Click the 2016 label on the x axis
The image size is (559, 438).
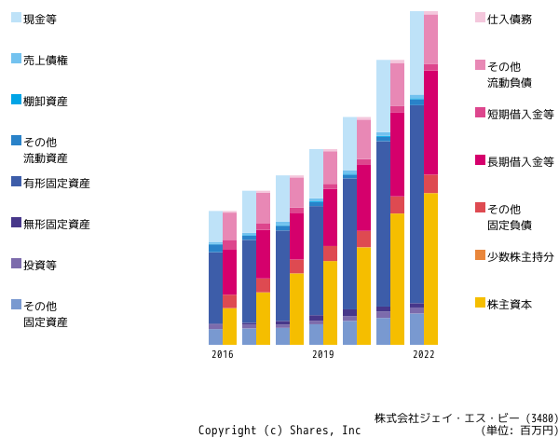click(x=223, y=354)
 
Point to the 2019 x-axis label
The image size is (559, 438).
click(x=323, y=354)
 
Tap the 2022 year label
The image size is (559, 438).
click(x=424, y=354)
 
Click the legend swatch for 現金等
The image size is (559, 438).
click(x=16, y=18)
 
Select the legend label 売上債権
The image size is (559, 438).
click(x=46, y=61)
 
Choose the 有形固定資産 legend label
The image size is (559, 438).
click(x=57, y=184)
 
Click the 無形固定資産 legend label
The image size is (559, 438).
click(x=57, y=225)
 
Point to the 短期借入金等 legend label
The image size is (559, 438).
click(x=521, y=115)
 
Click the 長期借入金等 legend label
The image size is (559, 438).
click(x=521, y=162)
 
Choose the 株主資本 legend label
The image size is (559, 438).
click(x=510, y=305)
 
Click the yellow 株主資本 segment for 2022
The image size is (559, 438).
click(x=430, y=269)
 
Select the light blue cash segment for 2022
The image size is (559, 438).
click(x=416, y=53)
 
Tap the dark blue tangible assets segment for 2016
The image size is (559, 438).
click(x=216, y=288)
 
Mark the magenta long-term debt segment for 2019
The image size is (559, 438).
click(x=330, y=217)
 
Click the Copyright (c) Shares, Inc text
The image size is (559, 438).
click(x=279, y=431)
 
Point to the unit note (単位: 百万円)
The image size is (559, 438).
click(x=519, y=431)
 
